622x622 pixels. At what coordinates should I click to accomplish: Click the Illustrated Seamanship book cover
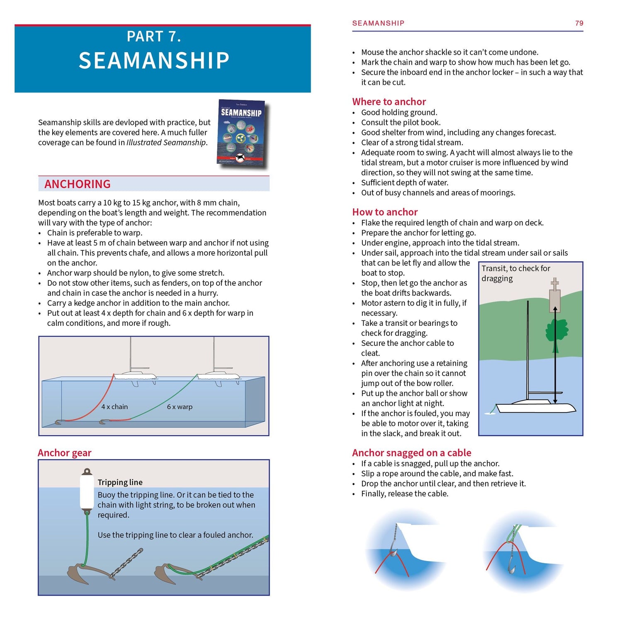pos(243,134)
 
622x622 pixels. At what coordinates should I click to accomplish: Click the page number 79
pos(579,23)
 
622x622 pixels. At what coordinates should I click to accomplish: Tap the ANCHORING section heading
pos(78,184)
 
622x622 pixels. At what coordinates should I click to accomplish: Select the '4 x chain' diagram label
pos(114,407)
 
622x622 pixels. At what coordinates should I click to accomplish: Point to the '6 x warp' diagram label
pos(180,407)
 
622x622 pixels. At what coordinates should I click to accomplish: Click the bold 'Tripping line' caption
pos(120,482)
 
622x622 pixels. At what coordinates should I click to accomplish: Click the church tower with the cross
pos(555,296)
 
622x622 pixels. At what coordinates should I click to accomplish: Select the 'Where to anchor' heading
pos(389,102)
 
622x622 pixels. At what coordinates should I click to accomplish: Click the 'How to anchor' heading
pos(385,212)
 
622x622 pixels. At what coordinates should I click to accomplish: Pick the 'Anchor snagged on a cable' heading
pos(411,453)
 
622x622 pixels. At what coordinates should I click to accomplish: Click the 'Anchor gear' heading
pos(64,453)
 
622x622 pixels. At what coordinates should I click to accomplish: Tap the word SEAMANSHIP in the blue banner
pos(154,61)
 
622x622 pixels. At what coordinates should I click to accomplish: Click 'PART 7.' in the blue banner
pos(154,36)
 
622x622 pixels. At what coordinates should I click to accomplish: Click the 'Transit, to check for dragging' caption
pos(515,273)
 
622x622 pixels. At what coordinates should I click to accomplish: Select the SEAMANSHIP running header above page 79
pos(378,23)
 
